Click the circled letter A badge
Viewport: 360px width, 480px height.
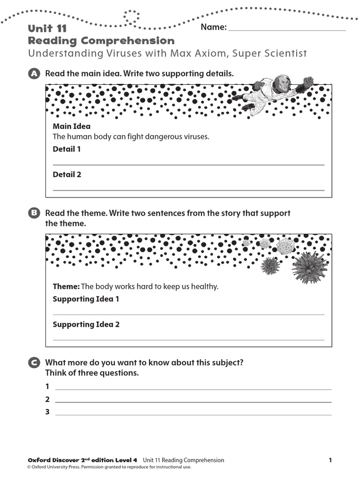pos(33,74)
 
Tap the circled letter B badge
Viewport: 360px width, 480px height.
pos(33,214)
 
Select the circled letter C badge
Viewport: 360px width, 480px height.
pos(33,363)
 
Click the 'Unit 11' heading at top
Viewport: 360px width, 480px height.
pos(47,29)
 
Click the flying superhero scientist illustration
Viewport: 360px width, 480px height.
pos(272,92)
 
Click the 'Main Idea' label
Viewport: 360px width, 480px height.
pos(72,127)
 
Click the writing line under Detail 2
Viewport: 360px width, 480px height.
pos(188,190)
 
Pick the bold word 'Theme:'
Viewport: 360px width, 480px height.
pos(67,286)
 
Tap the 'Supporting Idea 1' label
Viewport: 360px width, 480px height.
pos(86,299)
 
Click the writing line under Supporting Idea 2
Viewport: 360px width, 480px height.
pos(188,339)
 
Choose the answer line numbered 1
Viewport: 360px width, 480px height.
pos(193,389)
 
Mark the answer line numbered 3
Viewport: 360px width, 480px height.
pos(193,414)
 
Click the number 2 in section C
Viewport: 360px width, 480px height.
pos(47,400)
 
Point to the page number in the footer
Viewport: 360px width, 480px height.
pos(330,460)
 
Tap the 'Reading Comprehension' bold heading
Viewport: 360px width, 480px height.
pos(101,41)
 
